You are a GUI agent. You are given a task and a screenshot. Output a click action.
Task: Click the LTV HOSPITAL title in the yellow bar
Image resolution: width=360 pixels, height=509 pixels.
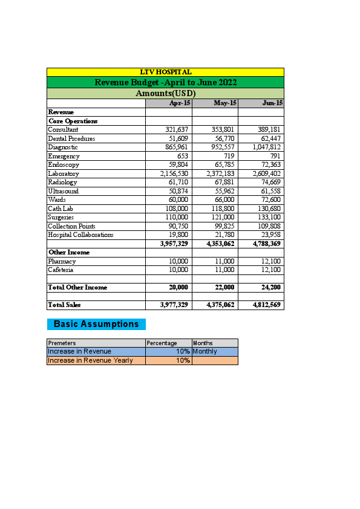[165, 73]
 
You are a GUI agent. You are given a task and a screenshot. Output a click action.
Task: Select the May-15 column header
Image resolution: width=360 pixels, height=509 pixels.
[225, 103]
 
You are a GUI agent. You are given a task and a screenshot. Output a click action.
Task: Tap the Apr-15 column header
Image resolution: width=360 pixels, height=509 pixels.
[180, 103]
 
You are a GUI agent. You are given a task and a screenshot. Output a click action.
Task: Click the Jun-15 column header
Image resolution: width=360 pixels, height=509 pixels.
[272, 103]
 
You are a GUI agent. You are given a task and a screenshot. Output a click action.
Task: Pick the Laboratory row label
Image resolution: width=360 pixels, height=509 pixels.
[64, 173]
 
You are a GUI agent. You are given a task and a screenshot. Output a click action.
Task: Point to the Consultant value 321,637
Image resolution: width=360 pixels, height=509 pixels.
[177, 129]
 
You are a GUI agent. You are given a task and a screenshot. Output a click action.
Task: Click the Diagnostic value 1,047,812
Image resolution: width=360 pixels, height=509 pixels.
[267, 147]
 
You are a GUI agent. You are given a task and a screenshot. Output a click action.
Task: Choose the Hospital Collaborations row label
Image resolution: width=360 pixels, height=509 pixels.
[80, 235]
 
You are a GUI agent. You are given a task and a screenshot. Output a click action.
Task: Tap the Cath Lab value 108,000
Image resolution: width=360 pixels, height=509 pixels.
[177, 209]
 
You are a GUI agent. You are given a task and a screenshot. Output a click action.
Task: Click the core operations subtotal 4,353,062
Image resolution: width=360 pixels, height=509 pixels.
[220, 244]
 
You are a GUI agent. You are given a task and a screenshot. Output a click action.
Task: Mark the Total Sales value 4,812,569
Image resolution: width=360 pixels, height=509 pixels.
[267, 305]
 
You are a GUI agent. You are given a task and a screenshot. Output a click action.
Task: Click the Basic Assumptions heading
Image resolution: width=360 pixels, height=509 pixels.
[96, 324]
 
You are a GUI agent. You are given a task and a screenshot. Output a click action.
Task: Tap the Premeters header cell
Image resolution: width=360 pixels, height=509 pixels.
[62, 343]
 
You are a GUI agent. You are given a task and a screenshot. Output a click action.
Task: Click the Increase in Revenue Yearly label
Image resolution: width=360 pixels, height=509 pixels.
[90, 360]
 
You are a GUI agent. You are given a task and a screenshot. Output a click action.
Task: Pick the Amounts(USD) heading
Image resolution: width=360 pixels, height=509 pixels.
[165, 94]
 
